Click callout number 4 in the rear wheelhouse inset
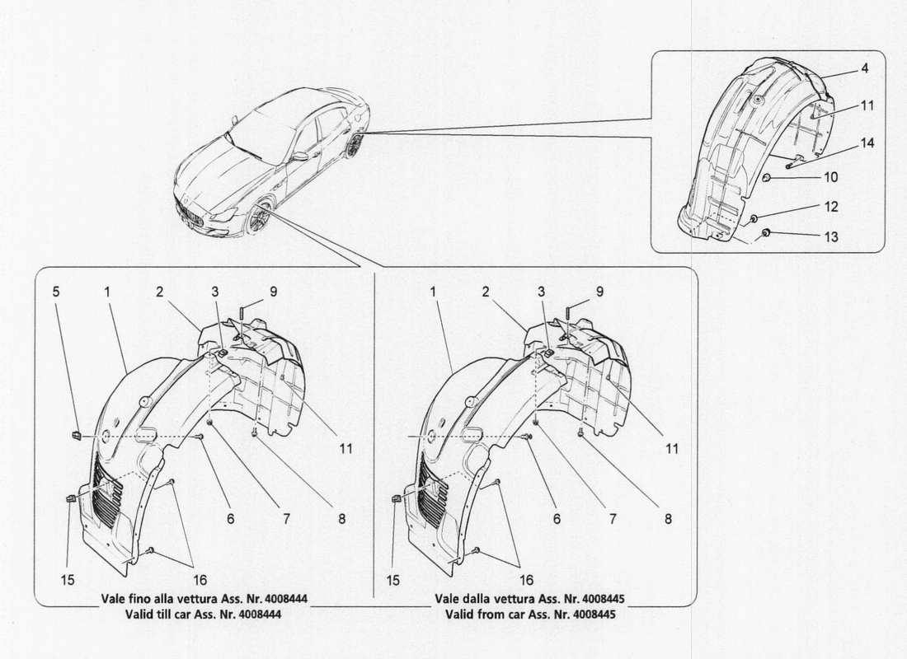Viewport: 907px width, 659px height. (864, 69)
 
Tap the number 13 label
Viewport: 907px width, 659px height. (831, 237)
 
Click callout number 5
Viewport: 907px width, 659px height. (56, 291)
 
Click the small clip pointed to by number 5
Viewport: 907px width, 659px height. (75, 434)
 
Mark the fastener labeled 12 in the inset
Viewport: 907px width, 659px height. (754, 218)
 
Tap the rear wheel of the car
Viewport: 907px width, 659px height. (356, 146)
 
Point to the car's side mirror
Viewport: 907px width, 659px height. (299, 156)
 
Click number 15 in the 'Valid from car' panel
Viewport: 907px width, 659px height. (393, 580)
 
